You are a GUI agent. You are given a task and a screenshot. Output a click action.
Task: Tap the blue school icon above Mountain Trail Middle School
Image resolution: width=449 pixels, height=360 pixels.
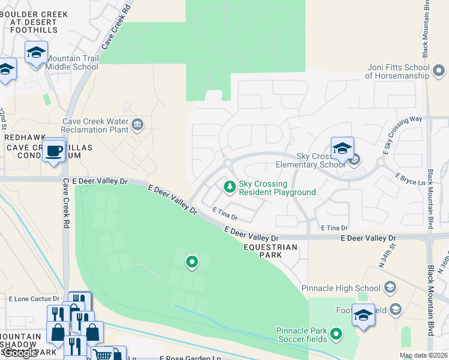click(36, 52)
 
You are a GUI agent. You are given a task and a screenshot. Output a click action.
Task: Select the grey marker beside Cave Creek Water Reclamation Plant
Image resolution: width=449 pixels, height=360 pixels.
click(137, 125)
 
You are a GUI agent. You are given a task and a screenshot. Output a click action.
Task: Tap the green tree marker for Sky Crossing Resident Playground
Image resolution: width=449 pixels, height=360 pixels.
click(229, 187)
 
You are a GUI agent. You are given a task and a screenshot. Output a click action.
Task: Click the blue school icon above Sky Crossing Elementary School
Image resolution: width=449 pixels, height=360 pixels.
click(342, 148)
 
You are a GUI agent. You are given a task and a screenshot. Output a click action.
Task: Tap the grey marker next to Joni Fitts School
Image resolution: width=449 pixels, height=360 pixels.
click(439, 72)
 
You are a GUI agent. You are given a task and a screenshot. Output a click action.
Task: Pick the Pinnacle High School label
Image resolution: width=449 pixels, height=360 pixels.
click(340, 288)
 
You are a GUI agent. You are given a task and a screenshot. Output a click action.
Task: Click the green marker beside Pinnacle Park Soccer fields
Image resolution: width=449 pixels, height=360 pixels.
click(336, 333)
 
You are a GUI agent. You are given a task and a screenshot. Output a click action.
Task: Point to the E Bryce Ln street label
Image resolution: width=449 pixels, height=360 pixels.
click(414, 178)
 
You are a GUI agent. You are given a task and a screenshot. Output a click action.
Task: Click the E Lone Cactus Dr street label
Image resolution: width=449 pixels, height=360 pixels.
click(34, 298)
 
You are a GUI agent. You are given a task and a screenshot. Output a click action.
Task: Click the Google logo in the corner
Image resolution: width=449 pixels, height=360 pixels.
click(20, 353)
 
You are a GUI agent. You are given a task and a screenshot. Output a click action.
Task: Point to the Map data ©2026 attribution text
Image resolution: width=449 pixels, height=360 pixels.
click(424, 356)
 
